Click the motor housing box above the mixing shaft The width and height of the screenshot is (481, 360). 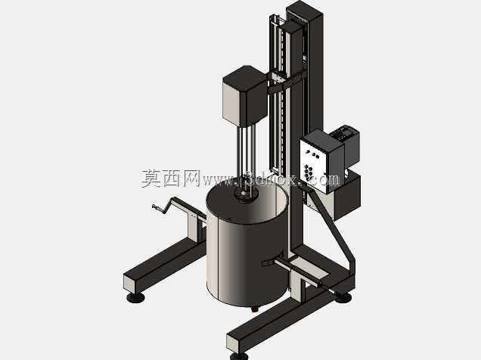tap(244, 96)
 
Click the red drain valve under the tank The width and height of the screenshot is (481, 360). tap(254, 309)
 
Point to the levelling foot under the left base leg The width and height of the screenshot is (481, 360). tap(135, 297)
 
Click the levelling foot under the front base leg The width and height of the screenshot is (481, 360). tap(239, 356)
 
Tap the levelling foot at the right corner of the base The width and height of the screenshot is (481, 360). tap(343, 296)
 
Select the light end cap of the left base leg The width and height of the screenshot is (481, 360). tap(129, 283)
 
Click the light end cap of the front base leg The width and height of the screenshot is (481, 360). tap(232, 343)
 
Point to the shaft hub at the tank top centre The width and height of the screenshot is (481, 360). tap(245, 195)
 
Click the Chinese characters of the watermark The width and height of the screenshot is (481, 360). tap(171, 178)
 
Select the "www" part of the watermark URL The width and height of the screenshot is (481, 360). tap(216, 181)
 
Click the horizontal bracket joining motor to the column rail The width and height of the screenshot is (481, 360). tap(285, 81)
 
